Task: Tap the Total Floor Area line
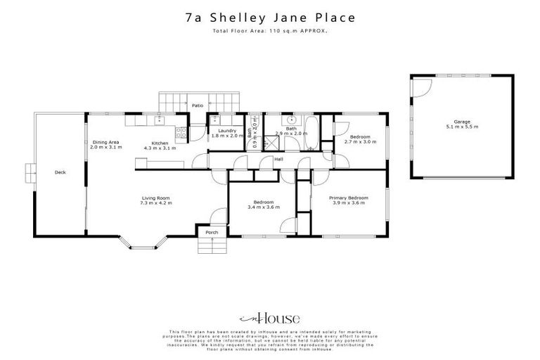(270, 32)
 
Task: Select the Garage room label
(442, 121)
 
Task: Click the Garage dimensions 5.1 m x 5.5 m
(442, 127)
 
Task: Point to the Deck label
(60, 172)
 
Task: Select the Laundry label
(226, 130)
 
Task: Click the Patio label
(198, 105)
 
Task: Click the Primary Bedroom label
(349, 198)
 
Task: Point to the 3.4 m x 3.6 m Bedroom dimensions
(264, 207)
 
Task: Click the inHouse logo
(270, 317)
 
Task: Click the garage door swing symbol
(422, 86)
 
